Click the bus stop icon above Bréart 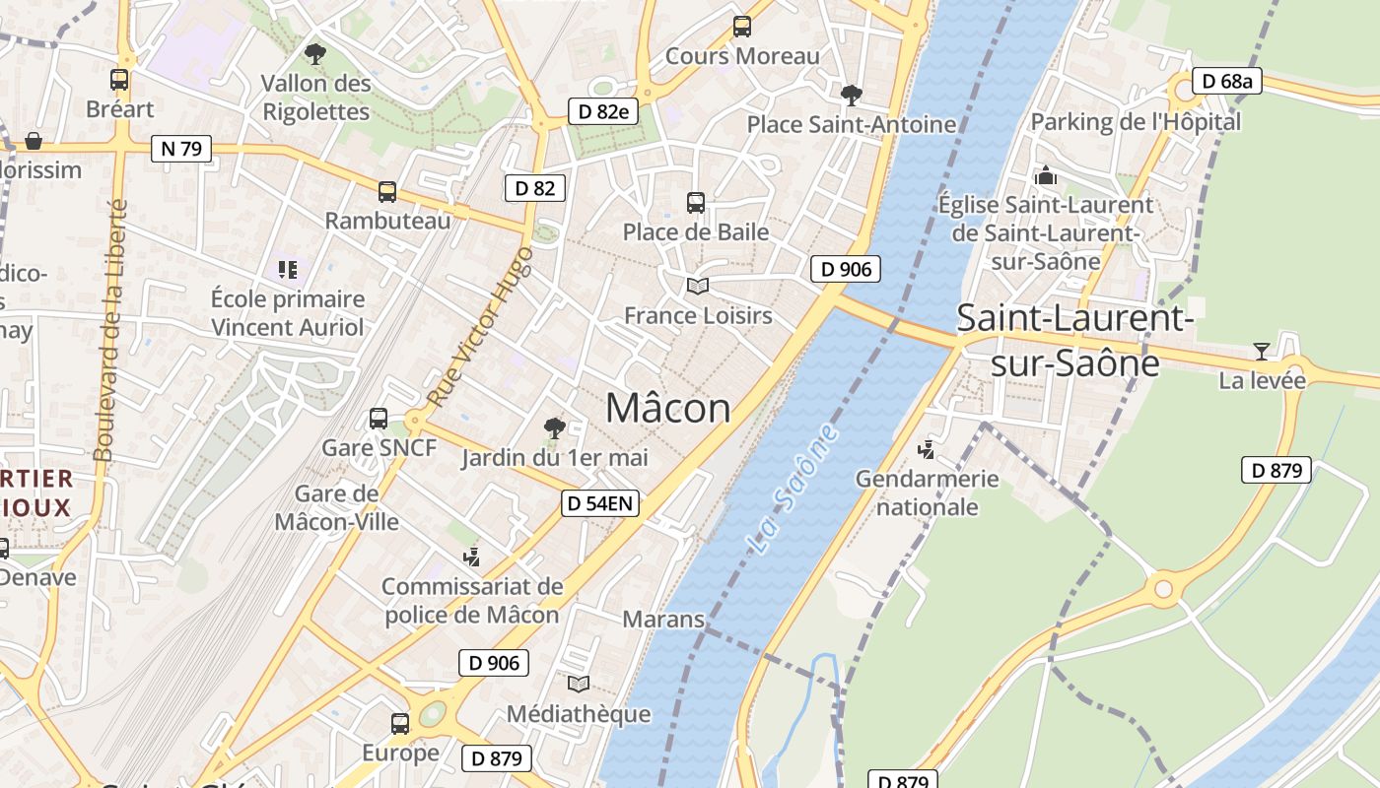point(119,80)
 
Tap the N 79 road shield point(181,149)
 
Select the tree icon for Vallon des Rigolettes point(315,53)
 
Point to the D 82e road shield point(603,111)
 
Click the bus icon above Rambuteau point(387,191)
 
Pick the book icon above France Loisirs point(698,287)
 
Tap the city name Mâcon point(668,408)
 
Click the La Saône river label point(793,488)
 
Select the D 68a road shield point(1226,81)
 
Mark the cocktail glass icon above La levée point(1262,351)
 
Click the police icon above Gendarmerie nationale point(927,450)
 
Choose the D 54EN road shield point(600,504)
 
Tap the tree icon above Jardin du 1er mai point(555,427)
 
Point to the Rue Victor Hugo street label point(481,327)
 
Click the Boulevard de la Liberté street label point(110,330)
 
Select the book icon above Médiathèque point(579,684)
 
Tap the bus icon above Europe point(400,724)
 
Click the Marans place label point(663,620)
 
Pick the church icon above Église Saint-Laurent point(1045,176)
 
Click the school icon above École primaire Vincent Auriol point(288,269)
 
